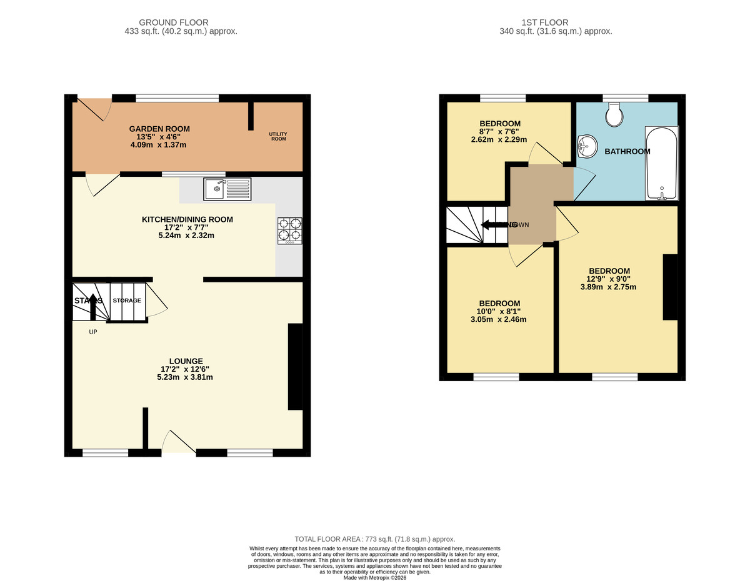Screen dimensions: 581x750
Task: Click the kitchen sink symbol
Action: pos(227,189)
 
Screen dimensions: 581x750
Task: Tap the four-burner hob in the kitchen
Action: pos(289,230)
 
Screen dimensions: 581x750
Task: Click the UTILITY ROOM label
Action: pos(278,136)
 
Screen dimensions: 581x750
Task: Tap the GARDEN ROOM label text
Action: pos(159,129)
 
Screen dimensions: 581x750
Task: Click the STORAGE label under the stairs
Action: pos(127,300)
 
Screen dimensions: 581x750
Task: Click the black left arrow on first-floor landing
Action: pos(493,224)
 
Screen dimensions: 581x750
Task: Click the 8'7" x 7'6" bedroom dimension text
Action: pos(499,132)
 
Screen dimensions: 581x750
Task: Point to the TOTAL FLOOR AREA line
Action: pos(375,539)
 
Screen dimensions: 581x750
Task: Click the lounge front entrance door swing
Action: pos(179,442)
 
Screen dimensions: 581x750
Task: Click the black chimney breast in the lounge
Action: pos(295,367)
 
